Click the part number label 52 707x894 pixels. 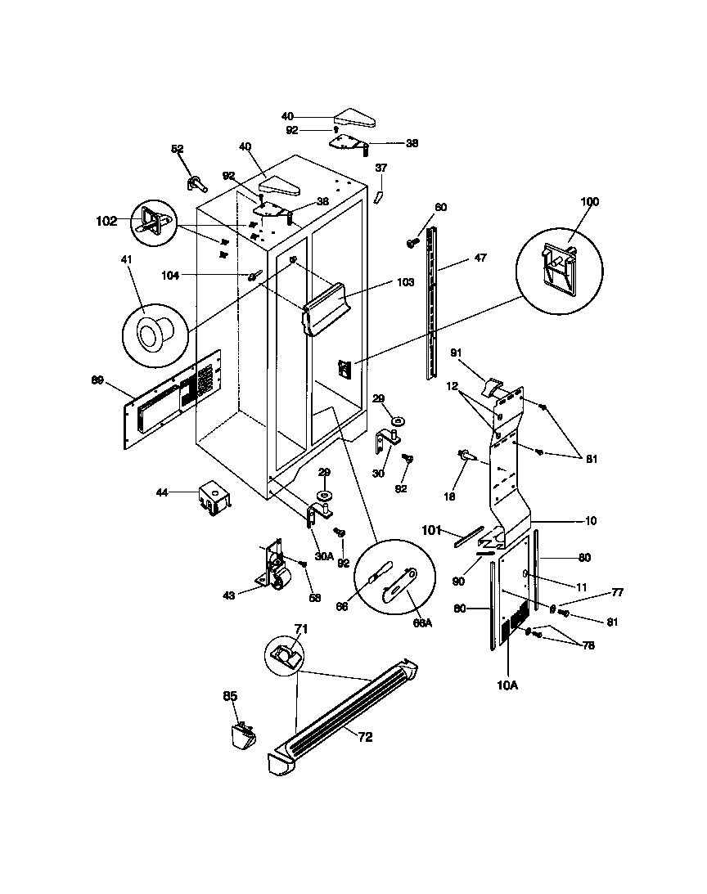pyautogui.click(x=177, y=149)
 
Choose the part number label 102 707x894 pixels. pyautogui.click(x=106, y=220)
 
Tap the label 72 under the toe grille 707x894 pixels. pyautogui.click(x=364, y=737)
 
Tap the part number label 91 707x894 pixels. pyautogui.click(x=457, y=353)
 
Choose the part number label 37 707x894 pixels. pyautogui.click(x=381, y=168)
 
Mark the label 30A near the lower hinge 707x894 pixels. pyautogui.click(x=324, y=555)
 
